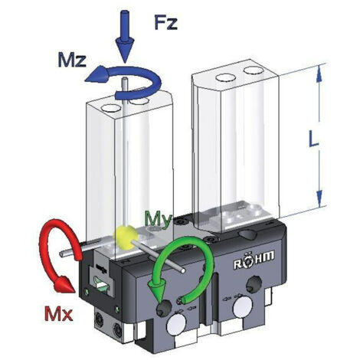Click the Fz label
[x=165, y=22]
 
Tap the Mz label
[x=72, y=61]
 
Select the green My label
[x=157, y=219]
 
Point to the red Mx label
[x=59, y=314]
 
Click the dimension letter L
[x=313, y=139]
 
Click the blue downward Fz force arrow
[x=125, y=36]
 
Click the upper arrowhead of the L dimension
[x=319, y=74]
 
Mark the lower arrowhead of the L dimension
[x=319, y=198]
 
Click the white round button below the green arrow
[x=177, y=325]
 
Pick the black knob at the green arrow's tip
[x=164, y=309]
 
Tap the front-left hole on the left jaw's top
[x=110, y=108]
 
